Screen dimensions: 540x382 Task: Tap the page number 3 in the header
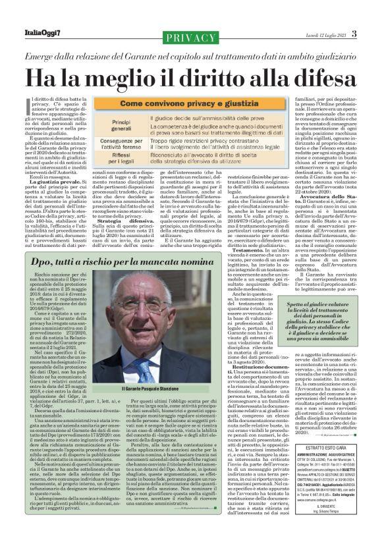354,34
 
